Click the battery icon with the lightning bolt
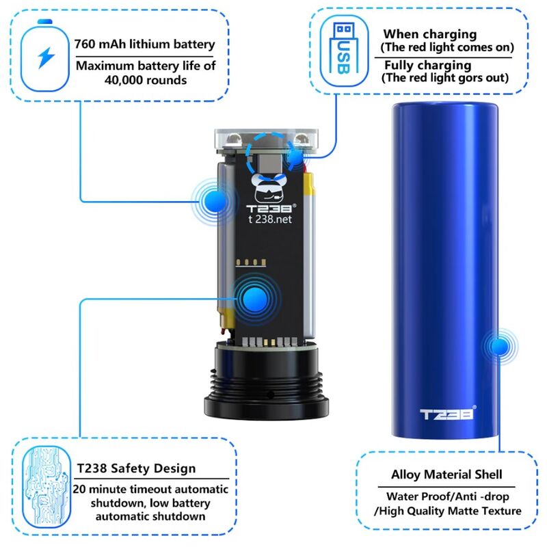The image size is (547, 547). click(44, 56)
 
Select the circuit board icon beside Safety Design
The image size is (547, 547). click(46, 487)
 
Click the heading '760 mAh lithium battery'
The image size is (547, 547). click(144, 44)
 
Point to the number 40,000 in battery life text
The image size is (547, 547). click(122, 81)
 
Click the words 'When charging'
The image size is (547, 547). click(430, 34)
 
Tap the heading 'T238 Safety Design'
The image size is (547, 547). click(136, 468)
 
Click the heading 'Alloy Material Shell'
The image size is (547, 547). click(446, 475)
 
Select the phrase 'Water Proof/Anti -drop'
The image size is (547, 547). click(448, 496)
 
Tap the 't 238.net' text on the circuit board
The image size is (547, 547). click(270, 219)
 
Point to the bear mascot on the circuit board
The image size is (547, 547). click(270, 189)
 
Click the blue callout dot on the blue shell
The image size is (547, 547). click(500, 346)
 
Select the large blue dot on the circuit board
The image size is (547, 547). click(256, 299)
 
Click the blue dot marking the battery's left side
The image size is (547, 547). click(215, 201)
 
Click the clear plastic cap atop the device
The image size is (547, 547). click(266, 140)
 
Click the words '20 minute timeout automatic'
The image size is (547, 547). click(150, 489)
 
